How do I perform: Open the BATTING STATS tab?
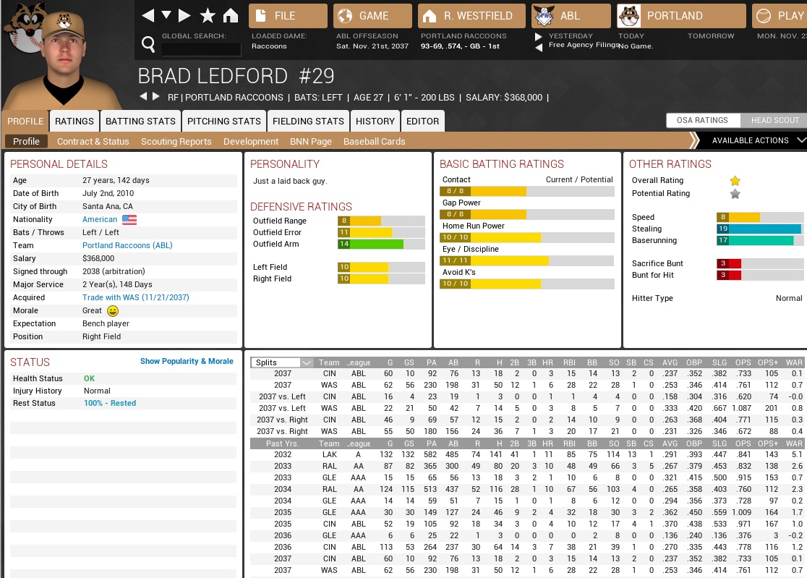[140, 121]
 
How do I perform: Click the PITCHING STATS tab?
[224, 121]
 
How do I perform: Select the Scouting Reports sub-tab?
[176, 141]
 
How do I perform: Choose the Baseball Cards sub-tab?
[374, 141]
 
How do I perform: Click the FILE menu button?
[288, 16]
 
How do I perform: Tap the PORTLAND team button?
[681, 16]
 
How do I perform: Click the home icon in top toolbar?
[231, 16]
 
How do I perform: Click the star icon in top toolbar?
[208, 16]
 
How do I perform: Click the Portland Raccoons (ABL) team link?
[127, 245]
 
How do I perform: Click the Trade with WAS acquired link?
[136, 297]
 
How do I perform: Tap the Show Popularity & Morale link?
[187, 361]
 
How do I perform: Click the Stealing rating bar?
[759, 229]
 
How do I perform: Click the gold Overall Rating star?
[735, 181]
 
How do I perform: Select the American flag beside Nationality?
[129, 219]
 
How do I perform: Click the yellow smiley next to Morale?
[112, 310]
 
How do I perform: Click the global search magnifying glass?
[148, 45]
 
